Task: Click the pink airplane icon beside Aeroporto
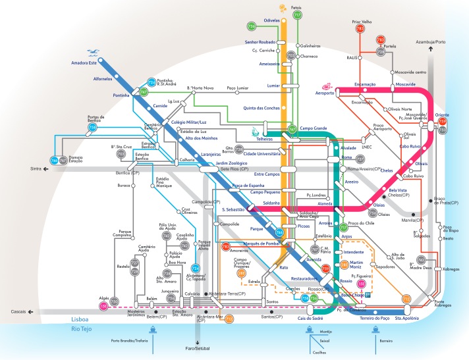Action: pyautogui.click(x=326, y=86)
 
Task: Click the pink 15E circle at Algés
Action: pyautogui.click(x=103, y=306)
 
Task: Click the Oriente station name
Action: pyautogui.click(x=442, y=115)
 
